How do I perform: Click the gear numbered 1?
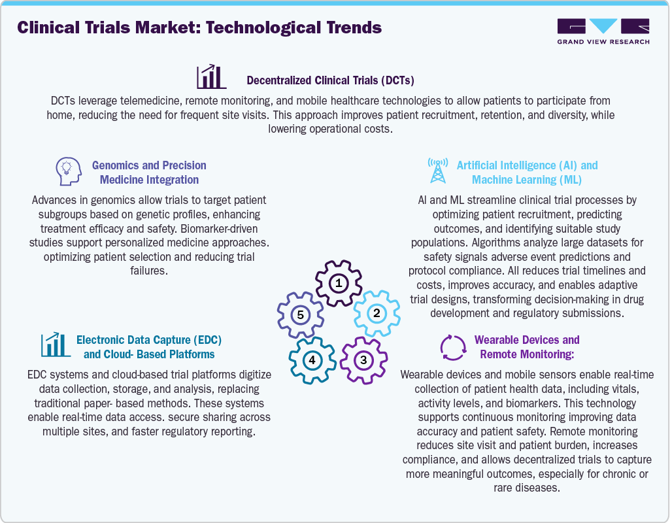[x=338, y=283]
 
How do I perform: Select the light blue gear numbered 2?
[x=376, y=313]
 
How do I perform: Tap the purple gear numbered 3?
[x=363, y=359]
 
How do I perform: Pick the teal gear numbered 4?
[x=312, y=360]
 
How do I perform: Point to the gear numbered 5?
[x=300, y=315]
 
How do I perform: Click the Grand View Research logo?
[x=603, y=31]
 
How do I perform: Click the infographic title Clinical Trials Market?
[x=199, y=28]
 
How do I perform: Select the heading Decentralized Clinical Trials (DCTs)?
[x=330, y=80]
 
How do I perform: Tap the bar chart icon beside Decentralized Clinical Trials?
[x=211, y=76]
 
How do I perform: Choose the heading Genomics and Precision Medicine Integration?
[x=149, y=173]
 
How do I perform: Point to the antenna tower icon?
[x=437, y=171]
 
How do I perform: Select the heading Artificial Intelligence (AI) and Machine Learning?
[x=526, y=173]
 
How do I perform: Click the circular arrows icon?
[x=452, y=347]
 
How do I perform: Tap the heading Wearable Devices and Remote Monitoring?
[x=527, y=347]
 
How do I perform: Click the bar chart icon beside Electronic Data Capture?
[x=56, y=345]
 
